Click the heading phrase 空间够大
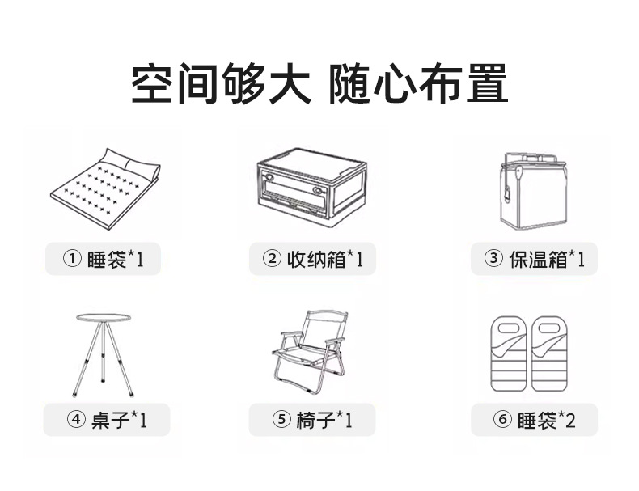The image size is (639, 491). [x=220, y=84]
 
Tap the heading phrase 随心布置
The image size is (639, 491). [x=418, y=84]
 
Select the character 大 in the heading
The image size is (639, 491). [x=288, y=84]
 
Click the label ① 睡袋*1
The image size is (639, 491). [x=103, y=259]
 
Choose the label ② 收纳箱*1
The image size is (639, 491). [x=312, y=259]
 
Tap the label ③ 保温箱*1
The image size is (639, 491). [x=534, y=259]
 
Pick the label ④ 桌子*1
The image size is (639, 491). [x=107, y=421]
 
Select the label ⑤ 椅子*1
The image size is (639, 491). [x=312, y=421]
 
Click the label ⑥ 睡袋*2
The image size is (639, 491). [x=534, y=421]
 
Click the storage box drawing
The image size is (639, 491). [x=312, y=188]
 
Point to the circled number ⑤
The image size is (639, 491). [x=281, y=421]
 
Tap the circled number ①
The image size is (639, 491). [x=73, y=259]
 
